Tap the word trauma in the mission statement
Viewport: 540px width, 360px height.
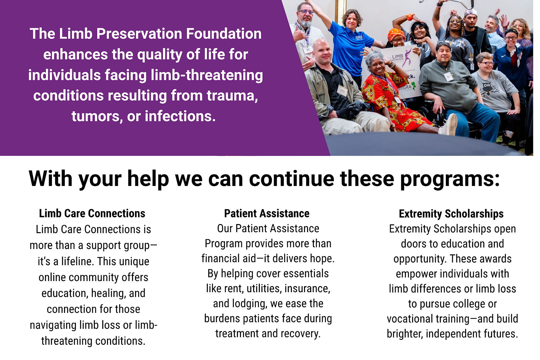(x=232, y=96)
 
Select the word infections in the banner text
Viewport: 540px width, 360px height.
(x=180, y=116)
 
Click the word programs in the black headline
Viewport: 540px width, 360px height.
(x=450, y=179)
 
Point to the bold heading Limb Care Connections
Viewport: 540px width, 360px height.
(x=92, y=214)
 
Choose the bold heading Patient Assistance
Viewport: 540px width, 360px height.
(x=267, y=214)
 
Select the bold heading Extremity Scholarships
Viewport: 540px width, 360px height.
(x=451, y=214)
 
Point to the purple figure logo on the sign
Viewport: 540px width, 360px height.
(x=408, y=57)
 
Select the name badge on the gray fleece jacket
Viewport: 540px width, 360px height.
(x=449, y=76)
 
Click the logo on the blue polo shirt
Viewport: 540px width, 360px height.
(x=359, y=37)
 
